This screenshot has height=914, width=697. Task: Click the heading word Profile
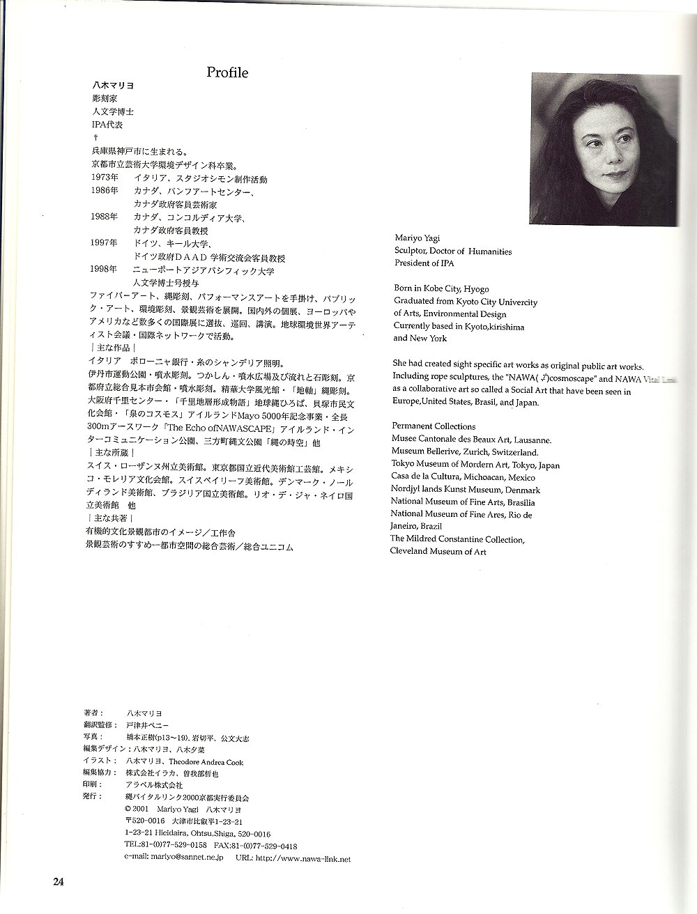[227, 72]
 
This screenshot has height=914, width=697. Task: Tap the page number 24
[59, 881]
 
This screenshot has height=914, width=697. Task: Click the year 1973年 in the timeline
[105, 179]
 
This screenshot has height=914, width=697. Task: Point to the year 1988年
[105, 217]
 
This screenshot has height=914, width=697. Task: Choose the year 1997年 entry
[105, 243]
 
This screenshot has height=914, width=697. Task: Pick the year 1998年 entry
[105, 270]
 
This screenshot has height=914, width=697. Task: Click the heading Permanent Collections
[434, 426]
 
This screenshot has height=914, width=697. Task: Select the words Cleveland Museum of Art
[438, 551]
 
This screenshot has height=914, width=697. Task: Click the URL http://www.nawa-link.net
[303, 859]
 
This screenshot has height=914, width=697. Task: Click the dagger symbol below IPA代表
[95, 137]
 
